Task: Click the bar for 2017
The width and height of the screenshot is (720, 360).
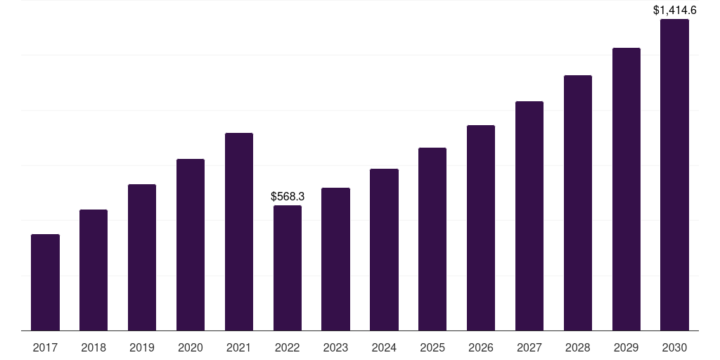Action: click(x=45, y=282)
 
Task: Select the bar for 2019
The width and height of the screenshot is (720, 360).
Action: click(x=142, y=257)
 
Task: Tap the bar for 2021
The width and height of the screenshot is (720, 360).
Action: click(x=239, y=231)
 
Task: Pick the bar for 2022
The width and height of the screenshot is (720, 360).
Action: click(x=288, y=268)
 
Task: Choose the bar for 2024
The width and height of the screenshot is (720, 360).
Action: click(x=384, y=250)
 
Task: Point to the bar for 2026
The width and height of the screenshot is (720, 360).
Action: click(x=481, y=228)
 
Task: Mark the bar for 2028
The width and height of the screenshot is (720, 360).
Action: click(x=578, y=202)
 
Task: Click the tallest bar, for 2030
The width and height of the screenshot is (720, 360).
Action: click(x=674, y=174)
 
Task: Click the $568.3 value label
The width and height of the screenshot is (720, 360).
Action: click(x=288, y=197)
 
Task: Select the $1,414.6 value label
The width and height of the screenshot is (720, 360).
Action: click(x=674, y=10)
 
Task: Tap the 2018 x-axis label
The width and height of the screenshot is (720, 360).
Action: click(x=94, y=347)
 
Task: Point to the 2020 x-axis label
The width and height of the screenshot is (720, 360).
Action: click(x=191, y=347)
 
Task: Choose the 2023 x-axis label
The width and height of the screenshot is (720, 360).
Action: click(x=335, y=347)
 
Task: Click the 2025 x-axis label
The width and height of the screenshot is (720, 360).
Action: click(x=432, y=347)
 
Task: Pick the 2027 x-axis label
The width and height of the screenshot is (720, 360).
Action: click(x=529, y=347)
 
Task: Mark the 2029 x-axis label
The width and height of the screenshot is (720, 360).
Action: click(x=626, y=347)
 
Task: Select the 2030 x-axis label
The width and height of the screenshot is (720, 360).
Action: click(x=674, y=347)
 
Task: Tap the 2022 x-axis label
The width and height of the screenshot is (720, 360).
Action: click(x=288, y=347)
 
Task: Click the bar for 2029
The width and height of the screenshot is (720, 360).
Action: click(x=626, y=189)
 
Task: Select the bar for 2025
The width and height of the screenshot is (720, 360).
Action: click(x=432, y=239)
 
